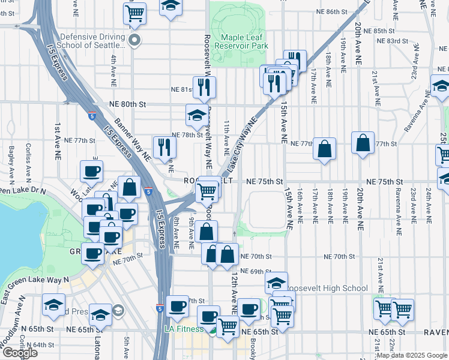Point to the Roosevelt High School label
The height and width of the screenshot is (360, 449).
coord(325,288)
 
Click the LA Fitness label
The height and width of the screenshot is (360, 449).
coord(186,329)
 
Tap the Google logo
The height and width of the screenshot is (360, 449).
coord(19,352)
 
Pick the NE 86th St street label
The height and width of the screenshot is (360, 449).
coord(330,12)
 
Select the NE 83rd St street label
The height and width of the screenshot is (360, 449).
coord(393,41)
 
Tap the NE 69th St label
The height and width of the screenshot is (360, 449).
coord(256,272)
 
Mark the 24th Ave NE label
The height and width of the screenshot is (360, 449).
coord(429,203)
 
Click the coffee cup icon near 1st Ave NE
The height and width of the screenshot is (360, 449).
coord(91,171)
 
